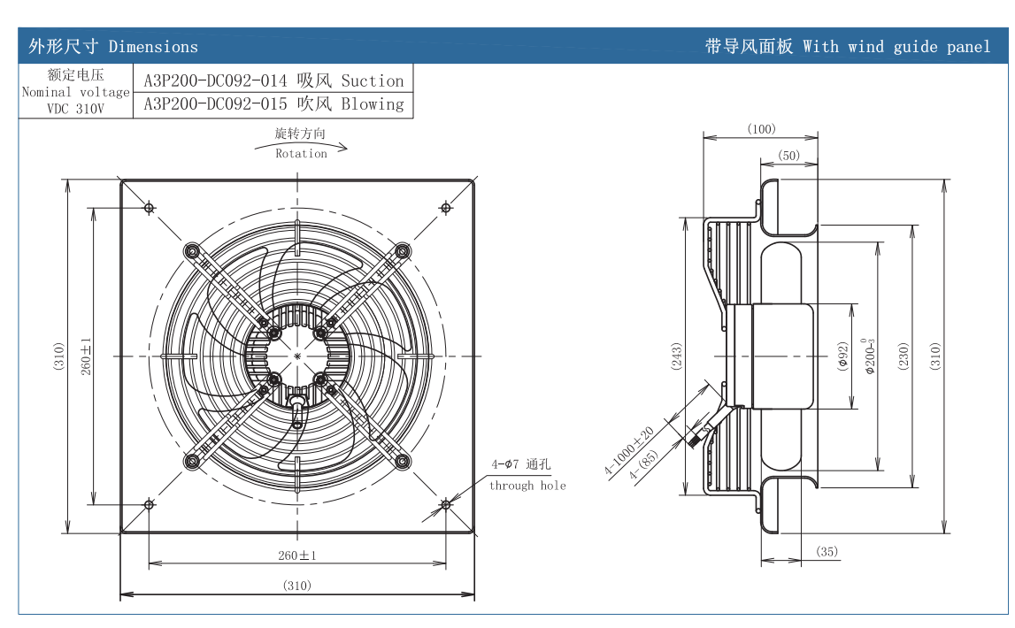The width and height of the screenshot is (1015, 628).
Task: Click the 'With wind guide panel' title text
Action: (x=896, y=47)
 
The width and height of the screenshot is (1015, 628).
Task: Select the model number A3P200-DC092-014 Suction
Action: (x=273, y=80)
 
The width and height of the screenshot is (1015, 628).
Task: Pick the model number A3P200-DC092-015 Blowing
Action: (x=273, y=104)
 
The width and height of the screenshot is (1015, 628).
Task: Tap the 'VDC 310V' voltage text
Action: (x=75, y=109)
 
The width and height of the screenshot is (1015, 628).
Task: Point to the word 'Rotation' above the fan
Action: (x=301, y=154)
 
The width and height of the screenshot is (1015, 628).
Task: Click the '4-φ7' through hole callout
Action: (x=505, y=464)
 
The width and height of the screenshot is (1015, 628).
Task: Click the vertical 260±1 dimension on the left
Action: (x=86, y=356)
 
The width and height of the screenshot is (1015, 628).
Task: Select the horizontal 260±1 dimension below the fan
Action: (x=297, y=555)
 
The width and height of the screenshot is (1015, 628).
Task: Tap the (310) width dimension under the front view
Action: (x=297, y=586)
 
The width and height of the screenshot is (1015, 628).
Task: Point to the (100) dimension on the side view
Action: (x=761, y=129)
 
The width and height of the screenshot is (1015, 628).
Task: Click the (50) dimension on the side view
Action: (x=788, y=156)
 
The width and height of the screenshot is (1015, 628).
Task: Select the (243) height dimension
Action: (x=677, y=356)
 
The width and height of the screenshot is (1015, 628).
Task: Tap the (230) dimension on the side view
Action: (x=904, y=356)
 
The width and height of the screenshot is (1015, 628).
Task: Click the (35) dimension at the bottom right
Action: (x=827, y=552)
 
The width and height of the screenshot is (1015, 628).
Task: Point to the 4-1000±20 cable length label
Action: (x=628, y=451)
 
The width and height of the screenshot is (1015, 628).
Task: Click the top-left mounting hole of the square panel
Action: (x=150, y=208)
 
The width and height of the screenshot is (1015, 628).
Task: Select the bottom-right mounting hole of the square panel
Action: (x=445, y=504)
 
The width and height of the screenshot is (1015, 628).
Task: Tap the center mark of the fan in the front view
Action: (x=297, y=356)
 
